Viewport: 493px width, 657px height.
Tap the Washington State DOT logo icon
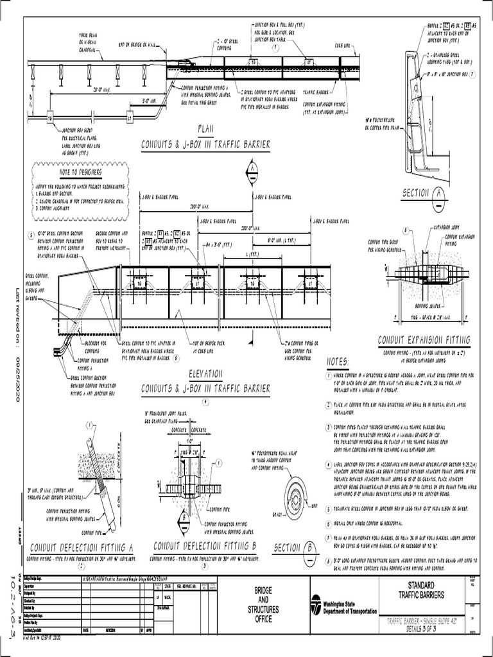coord(316,604)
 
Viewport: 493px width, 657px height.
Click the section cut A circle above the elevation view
coord(251,169)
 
